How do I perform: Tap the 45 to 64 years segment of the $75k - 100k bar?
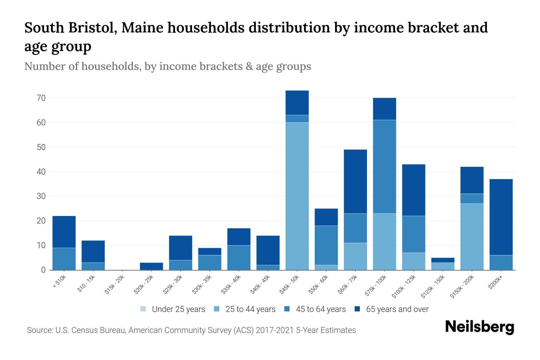[x=384, y=166]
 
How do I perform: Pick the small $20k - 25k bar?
[x=151, y=266]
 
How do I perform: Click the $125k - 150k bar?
[x=442, y=264]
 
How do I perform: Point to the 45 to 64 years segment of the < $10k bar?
[x=64, y=259]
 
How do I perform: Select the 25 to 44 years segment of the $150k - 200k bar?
[x=472, y=237]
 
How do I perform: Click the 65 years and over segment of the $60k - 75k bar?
[x=355, y=181]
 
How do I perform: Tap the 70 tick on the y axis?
[x=41, y=98]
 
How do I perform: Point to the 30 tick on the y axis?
[x=41, y=196]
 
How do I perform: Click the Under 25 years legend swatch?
[x=143, y=309]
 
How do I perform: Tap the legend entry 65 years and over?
[x=397, y=309]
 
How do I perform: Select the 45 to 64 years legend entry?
[x=320, y=309]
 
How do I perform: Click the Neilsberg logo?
[x=480, y=327]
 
